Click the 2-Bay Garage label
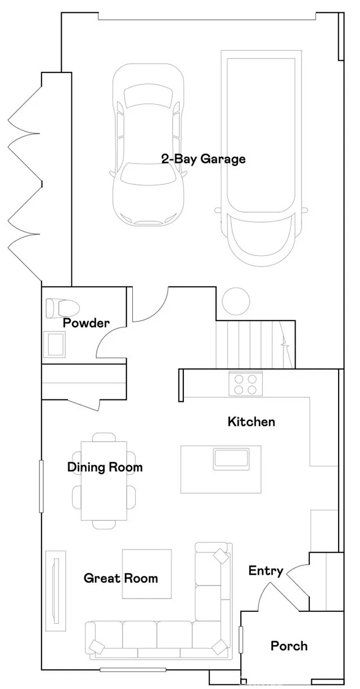[x=203, y=159]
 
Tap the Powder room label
[x=86, y=323]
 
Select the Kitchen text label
[x=251, y=421]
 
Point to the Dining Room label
[x=105, y=467]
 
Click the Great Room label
[x=120, y=578]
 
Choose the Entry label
[x=265, y=571]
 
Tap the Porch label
[x=289, y=645]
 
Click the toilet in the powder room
[x=62, y=308]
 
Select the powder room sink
[x=56, y=344]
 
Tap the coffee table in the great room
[x=147, y=574]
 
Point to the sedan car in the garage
[x=148, y=143]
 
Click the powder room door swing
[x=111, y=343]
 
